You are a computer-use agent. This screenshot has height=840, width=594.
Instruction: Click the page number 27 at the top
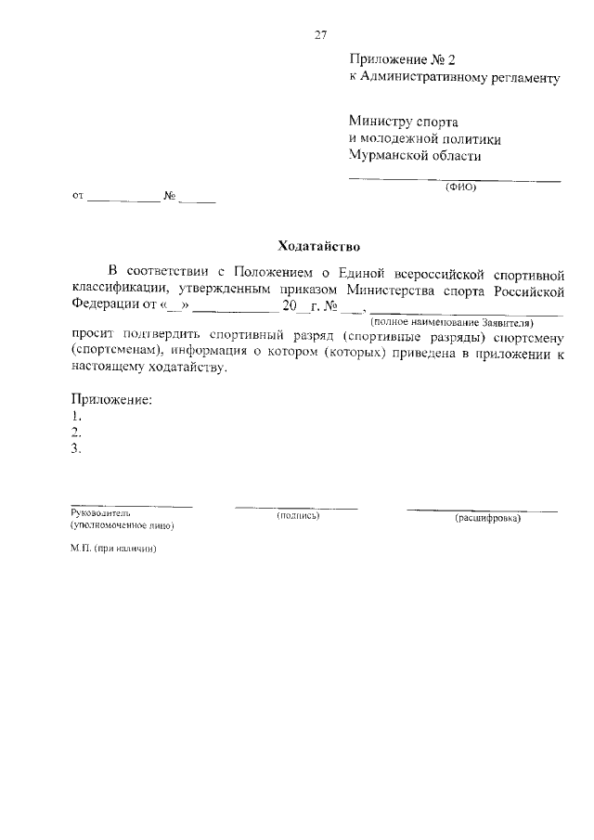320,35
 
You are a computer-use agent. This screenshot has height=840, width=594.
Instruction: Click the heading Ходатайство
318,246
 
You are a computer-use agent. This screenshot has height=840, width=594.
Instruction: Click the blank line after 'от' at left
124,198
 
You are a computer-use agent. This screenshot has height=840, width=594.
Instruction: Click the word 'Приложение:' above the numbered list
110,400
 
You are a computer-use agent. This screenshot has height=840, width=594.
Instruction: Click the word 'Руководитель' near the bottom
100,512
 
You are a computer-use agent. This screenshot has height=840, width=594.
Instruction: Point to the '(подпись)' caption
297,515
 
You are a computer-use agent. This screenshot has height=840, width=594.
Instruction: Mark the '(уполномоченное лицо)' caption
122,525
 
